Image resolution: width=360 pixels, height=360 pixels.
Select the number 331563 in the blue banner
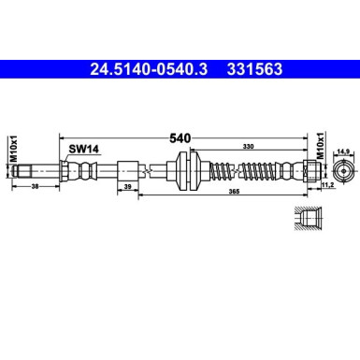255,68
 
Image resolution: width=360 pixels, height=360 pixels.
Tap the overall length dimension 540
180,137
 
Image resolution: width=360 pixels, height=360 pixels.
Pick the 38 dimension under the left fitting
35,187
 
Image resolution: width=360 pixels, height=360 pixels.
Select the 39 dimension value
127,187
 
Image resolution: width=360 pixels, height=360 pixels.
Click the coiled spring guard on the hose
248,171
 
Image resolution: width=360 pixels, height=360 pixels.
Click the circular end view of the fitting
342,170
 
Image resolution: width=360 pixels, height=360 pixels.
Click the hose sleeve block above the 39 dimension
128,171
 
